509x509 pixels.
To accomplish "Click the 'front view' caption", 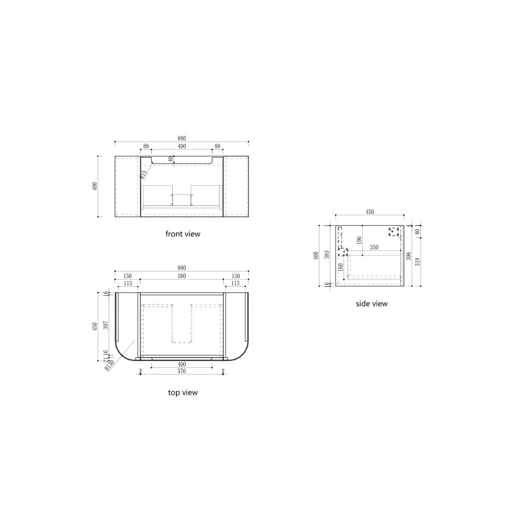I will coord(183,234).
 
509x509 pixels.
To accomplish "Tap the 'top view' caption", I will coord(183,393).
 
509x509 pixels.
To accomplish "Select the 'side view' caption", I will coord(371,304).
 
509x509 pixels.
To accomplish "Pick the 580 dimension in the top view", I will coord(182,276).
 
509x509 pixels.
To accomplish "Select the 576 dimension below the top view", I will coord(182,371).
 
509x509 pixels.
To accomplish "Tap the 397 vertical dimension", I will coord(106,325).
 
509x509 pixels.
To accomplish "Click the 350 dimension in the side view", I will coord(374,247).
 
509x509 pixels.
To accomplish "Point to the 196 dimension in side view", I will coord(359,240).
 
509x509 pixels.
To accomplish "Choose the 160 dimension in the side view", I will coord(340,266).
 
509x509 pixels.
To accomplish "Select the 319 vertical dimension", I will coord(418,262).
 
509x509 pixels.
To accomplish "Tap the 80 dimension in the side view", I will coord(418,231).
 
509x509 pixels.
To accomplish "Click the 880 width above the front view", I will coord(182,138).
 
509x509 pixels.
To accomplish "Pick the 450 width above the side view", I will coord(369,212).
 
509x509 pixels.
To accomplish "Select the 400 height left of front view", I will coord(95,186).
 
